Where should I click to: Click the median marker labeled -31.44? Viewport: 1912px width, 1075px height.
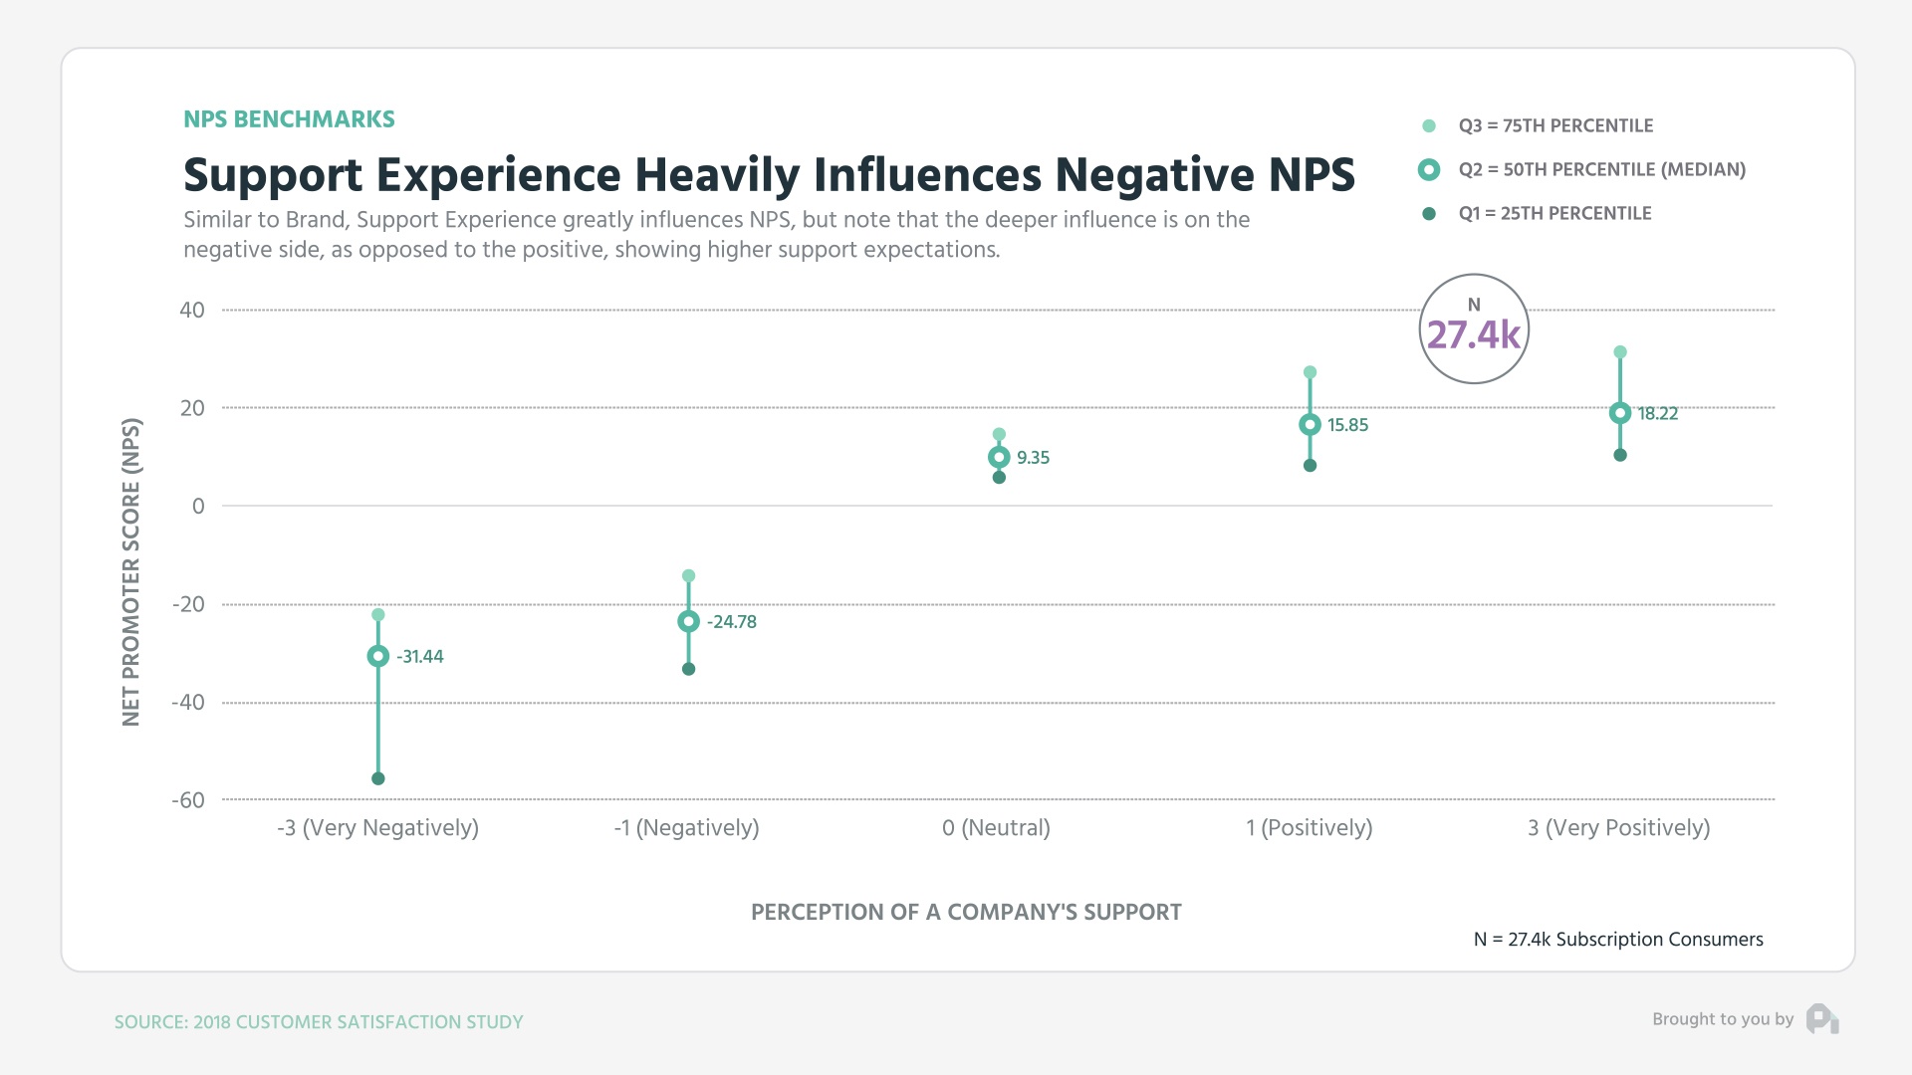(x=377, y=656)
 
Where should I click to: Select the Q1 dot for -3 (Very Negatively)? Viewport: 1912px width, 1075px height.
(x=377, y=778)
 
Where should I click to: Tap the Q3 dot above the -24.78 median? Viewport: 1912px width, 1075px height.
(x=688, y=575)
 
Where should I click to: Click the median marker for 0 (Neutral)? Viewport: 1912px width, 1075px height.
(x=999, y=457)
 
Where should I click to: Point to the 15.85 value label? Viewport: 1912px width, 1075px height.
(x=1347, y=425)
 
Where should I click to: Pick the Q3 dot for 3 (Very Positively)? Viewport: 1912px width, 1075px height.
(x=1620, y=352)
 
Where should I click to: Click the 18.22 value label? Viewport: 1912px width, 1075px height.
(x=1658, y=413)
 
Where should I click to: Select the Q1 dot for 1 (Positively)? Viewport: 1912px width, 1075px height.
(x=1310, y=465)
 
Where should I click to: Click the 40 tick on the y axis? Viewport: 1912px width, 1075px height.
(x=192, y=310)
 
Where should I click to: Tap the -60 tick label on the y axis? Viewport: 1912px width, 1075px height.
(x=188, y=800)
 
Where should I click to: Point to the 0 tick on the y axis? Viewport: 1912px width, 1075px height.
(x=198, y=506)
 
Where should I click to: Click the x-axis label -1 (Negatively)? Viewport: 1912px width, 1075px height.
(x=686, y=827)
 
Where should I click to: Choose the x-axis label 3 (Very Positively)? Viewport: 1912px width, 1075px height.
(x=1618, y=827)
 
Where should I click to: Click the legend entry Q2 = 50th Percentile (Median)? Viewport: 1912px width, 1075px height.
(x=1601, y=169)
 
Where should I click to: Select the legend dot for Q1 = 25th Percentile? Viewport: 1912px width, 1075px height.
(x=1429, y=214)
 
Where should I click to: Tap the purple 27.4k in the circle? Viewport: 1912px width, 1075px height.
(x=1473, y=335)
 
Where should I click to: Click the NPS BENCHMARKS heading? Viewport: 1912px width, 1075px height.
(x=289, y=119)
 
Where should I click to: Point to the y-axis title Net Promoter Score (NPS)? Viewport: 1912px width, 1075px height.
(x=131, y=571)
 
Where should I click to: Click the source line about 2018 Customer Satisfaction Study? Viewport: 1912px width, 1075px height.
(x=319, y=1022)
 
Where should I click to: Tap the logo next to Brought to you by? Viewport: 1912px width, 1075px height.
(x=1822, y=1018)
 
